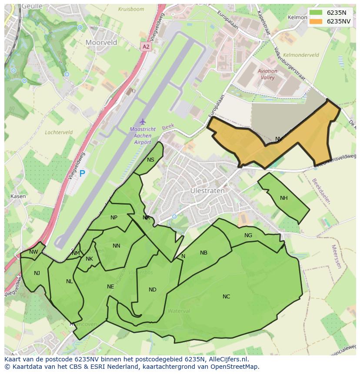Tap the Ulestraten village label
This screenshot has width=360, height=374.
click(x=207, y=191)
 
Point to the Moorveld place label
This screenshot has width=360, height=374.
click(x=101, y=43)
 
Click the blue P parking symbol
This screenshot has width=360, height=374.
click(x=82, y=174)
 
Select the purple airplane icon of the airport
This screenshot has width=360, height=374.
click(x=142, y=122)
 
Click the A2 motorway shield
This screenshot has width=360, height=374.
click(x=146, y=46)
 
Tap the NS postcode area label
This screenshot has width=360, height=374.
click(x=150, y=160)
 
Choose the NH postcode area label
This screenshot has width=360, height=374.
click(x=284, y=198)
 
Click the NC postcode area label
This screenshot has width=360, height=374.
click(x=226, y=297)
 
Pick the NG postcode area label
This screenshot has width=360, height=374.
click(x=248, y=235)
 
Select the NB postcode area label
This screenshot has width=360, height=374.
click(x=203, y=253)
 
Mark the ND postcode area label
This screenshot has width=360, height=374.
click(x=152, y=290)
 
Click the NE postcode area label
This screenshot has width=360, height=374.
click(x=110, y=287)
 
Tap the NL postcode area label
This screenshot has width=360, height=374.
click(x=70, y=281)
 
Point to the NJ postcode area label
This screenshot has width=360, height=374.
click(x=37, y=273)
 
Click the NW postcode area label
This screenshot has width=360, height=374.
click(x=33, y=252)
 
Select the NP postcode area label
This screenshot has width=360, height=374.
click(x=114, y=218)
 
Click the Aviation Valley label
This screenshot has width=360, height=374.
click(x=267, y=74)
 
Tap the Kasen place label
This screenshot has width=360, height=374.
click(x=18, y=196)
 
